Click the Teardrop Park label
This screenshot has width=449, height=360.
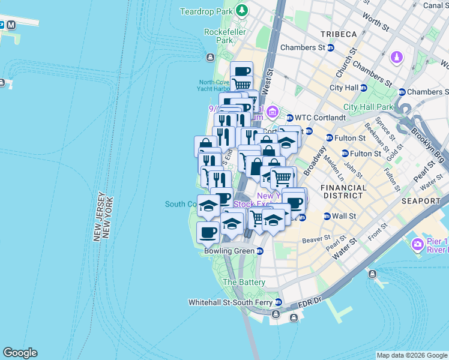tap(206, 11)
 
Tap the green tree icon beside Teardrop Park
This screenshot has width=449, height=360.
tap(242, 10)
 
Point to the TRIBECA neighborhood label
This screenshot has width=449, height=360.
tap(338, 34)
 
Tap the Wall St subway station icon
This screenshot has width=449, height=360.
tap(327, 216)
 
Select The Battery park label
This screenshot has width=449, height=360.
tap(244, 282)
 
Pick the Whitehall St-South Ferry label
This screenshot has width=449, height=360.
tap(231, 302)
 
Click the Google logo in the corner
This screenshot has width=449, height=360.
tap(20, 353)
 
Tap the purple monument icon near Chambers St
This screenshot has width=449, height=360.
tap(396, 58)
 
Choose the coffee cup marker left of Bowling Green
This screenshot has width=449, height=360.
tap(208, 232)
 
